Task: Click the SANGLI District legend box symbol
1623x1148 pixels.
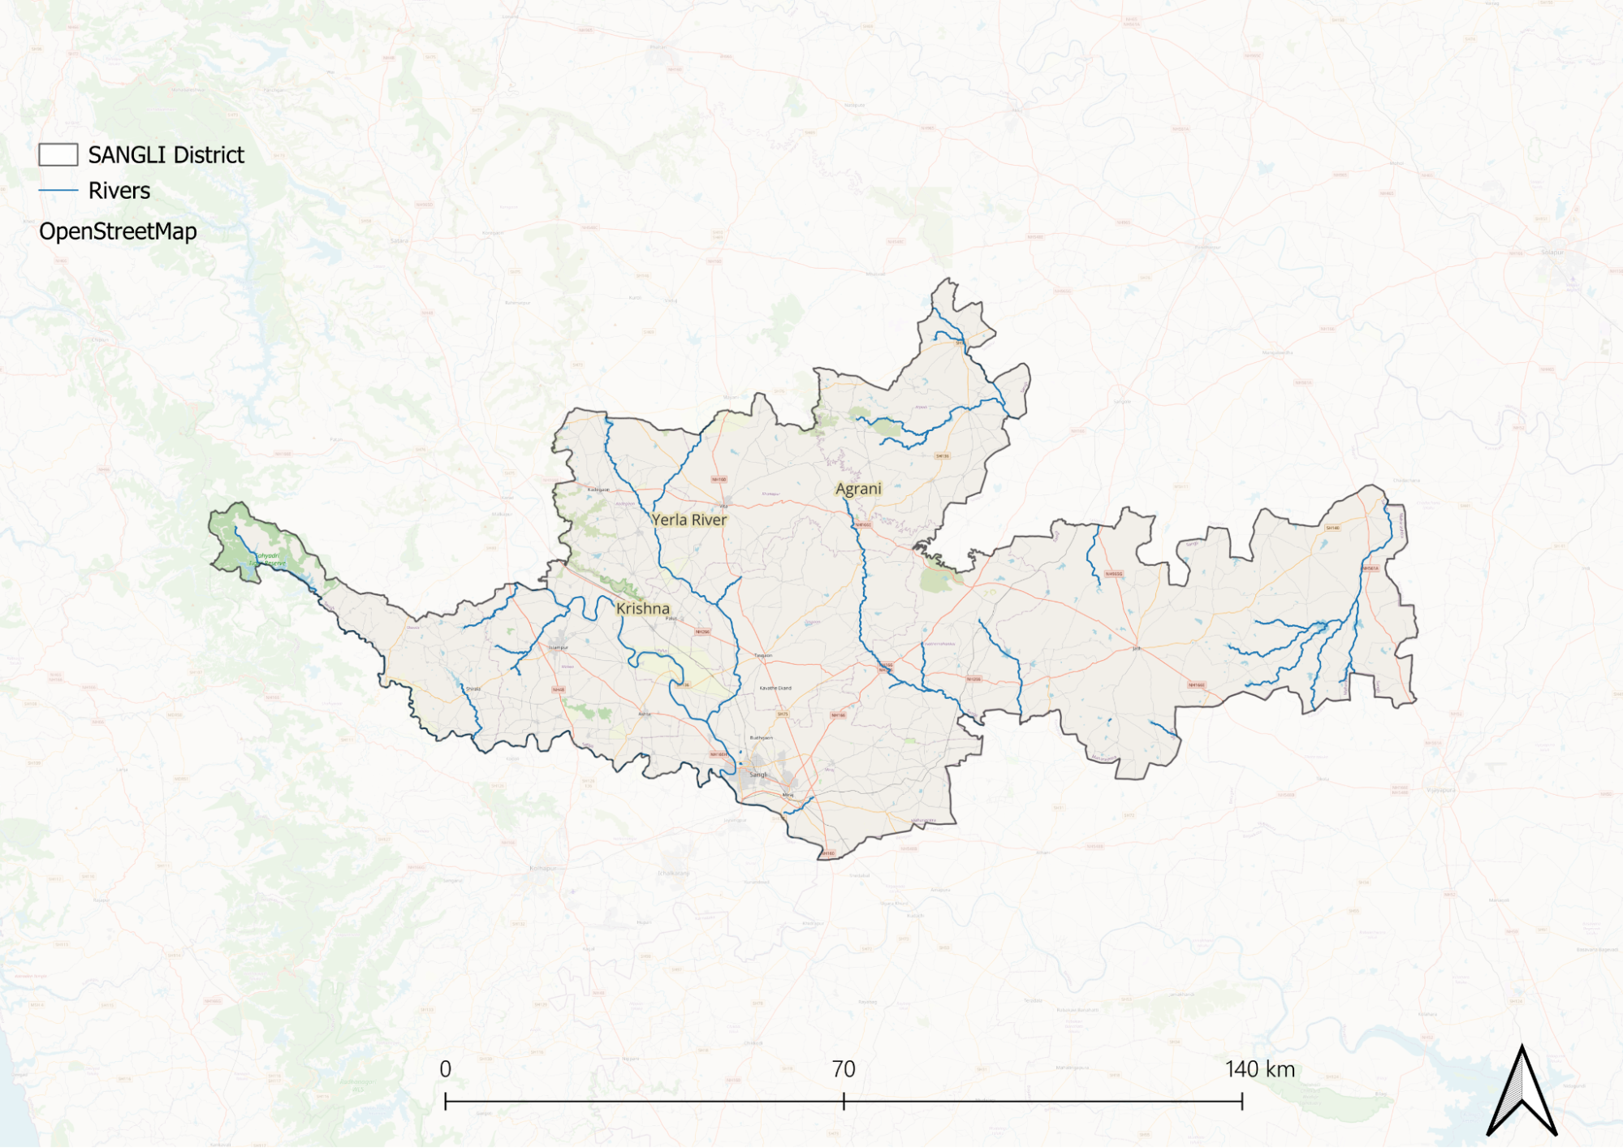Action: [x=58, y=155]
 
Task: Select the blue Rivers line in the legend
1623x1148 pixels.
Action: [x=58, y=191]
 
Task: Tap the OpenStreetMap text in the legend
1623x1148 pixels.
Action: [x=118, y=231]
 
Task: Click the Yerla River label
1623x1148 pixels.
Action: [x=688, y=520]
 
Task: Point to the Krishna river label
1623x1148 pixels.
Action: [x=642, y=608]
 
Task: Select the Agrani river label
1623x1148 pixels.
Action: [x=858, y=489]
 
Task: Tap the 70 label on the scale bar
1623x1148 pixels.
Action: [x=844, y=1069]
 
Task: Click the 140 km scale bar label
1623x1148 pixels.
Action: [x=1259, y=1069]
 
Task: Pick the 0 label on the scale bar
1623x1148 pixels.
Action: [x=445, y=1069]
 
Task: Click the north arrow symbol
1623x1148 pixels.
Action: [x=1522, y=1092]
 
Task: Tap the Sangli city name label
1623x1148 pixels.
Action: [x=758, y=775]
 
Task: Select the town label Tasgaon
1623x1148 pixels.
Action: [x=763, y=655]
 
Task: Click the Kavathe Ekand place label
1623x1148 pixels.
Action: [x=775, y=688]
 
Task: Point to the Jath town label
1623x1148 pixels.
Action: [x=1137, y=649]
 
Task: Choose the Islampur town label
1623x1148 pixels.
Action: [x=559, y=647]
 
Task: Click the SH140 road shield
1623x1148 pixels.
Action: [x=1332, y=528]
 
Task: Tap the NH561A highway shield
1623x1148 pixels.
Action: [x=1370, y=568]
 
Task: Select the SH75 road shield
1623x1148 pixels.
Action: [x=783, y=714]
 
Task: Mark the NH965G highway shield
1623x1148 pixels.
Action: [x=1114, y=574]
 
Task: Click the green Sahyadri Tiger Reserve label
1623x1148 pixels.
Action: [x=267, y=559]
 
